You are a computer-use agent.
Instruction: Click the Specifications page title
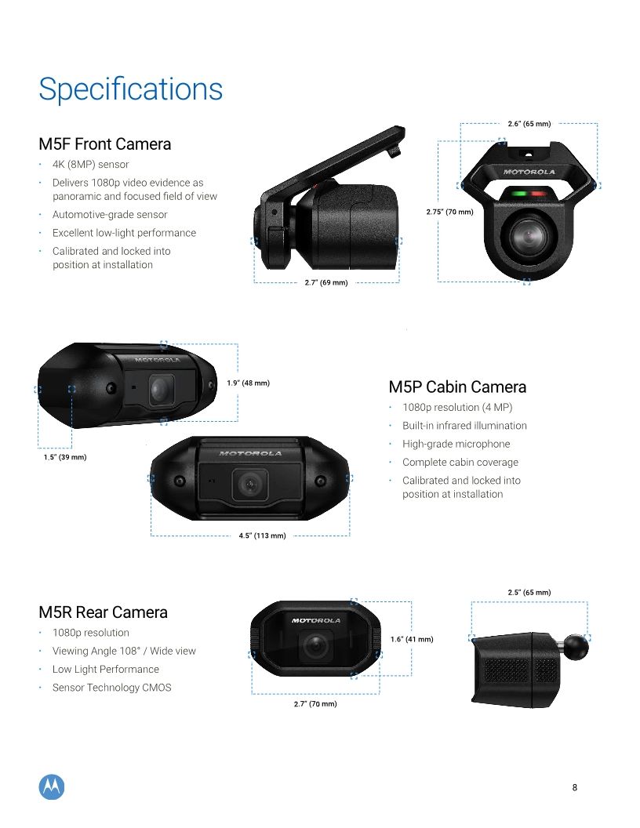[130, 89]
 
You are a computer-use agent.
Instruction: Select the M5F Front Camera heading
[104, 144]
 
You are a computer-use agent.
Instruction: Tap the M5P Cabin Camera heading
[457, 387]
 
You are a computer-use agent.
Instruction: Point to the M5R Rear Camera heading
[103, 612]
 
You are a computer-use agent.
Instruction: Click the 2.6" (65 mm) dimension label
[529, 124]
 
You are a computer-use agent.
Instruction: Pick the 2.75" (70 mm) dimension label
[449, 212]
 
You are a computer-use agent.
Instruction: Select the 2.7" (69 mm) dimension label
[325, 282]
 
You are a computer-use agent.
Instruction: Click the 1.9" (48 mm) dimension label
[248, 383]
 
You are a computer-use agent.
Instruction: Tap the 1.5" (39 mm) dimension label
[64, 457]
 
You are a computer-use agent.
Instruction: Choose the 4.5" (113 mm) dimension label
[262, 536]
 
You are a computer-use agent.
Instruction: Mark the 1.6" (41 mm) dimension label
[412, 640]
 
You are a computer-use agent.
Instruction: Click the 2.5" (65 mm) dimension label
[529, 592]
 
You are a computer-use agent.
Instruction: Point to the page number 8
[575, 788]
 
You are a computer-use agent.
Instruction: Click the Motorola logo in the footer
[52, 787]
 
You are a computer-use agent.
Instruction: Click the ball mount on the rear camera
[576, 644]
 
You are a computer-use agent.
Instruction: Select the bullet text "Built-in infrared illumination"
[464, 426]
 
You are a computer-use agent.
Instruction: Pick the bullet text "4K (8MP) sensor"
[90, 165]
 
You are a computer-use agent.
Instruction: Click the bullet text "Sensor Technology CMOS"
[111, 688]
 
